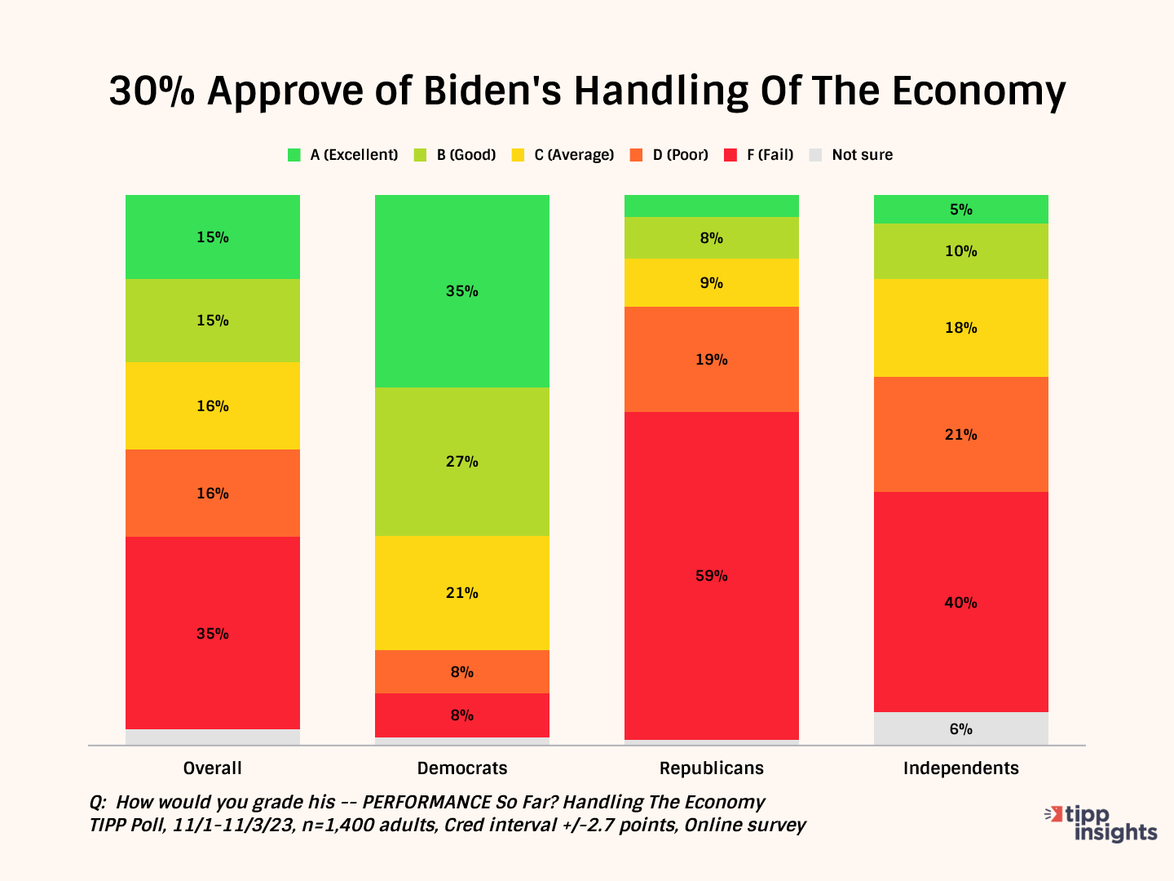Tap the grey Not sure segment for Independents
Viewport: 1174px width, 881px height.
pyautogui.click(x=961, y=728)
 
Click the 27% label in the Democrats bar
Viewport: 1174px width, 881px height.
pyautogui.click(x=462, y=462)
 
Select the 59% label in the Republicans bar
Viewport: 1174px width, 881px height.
pyautogui.click(x=712, y=576)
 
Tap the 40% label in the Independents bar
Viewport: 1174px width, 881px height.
pyautogui.click(x=961, y=603)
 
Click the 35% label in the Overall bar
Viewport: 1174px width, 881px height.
pyautogui.click(x=213, y=633)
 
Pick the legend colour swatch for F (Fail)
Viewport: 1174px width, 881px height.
pyautogui.click(x=730, y=155)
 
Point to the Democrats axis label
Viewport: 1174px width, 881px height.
pyautogui.click(x=462, y=768)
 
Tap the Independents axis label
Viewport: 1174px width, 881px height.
pyautogui.click(x=961, y=768)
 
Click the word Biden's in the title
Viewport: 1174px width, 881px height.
pyautogui.click(x=492, y=91)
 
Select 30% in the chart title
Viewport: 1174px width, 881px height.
pyautogui.click(x=152, y=91)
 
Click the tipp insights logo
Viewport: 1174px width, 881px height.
pyautogui.click(x=1102, y=822)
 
